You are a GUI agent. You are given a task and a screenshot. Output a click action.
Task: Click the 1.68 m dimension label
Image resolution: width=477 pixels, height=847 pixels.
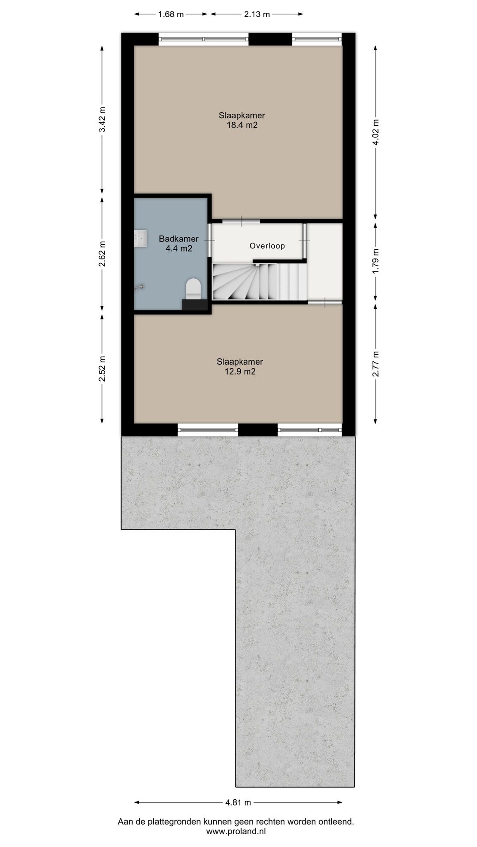[x=171, y=14]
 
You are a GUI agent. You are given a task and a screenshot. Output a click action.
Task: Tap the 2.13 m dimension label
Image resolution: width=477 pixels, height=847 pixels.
[x=257, y=14]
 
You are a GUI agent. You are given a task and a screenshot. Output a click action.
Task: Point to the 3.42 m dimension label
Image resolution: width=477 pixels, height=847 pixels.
[x=102, y=120]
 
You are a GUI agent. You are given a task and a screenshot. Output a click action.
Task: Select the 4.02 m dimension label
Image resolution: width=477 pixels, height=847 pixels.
[x=375, y=132]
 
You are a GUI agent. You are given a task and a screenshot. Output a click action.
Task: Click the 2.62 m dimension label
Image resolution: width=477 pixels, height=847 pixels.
[x=102, y=254]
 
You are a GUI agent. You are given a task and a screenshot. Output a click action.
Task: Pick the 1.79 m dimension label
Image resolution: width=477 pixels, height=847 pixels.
[x=375, y=262]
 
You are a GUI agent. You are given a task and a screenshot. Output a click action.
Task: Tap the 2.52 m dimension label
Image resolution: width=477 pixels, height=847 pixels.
[x=102, y=368]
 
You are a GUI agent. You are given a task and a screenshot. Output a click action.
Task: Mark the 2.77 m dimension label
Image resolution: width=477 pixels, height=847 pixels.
[x=375, y=364]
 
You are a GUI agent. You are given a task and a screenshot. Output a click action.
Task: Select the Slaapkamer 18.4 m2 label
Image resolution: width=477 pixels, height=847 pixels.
[x=242, y=120]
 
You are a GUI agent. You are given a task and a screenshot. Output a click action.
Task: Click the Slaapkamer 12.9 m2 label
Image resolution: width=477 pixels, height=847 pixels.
[x=240, y=367]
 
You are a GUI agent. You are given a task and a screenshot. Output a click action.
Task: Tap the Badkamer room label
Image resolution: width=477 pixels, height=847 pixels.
[x=178, y=244]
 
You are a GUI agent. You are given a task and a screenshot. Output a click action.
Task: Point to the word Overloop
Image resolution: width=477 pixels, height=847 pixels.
[x=267, y=246]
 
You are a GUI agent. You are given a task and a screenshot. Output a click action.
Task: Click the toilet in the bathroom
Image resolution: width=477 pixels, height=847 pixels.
[x=193, y=289]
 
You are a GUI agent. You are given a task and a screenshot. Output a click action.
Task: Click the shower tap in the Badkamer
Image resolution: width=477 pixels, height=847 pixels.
[x=140, y=287]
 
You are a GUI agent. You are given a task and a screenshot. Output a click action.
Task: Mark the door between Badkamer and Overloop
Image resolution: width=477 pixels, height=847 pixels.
[x=210, y=240]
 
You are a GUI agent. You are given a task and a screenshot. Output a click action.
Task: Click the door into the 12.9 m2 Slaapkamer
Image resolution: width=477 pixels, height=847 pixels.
[x=325, y=302]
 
